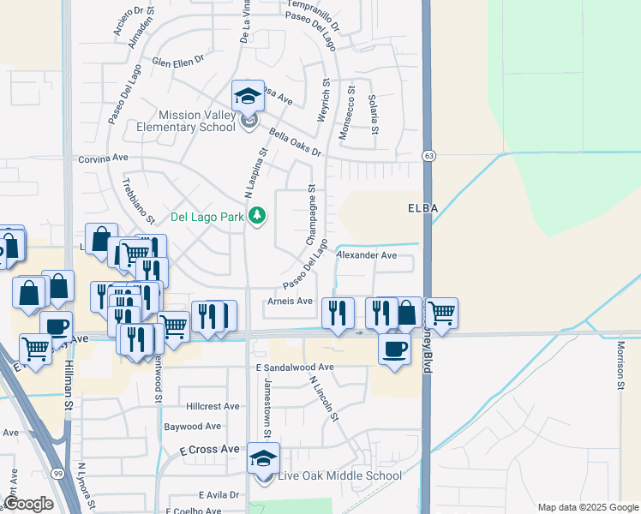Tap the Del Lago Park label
tap(207, 217)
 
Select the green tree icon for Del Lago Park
tap(256, 217)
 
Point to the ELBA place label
tap(422, 208)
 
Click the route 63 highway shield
tap(428, 156)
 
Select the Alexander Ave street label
tap(367, 255)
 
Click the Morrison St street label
tap(620, 366)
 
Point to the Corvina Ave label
tap(103, 158)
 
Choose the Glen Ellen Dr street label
tap(179, 61)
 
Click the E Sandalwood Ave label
tap(294, 367)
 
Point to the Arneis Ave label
tap(290, 301)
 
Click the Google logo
tap(29, 503)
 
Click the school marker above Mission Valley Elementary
tap(248, 96)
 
